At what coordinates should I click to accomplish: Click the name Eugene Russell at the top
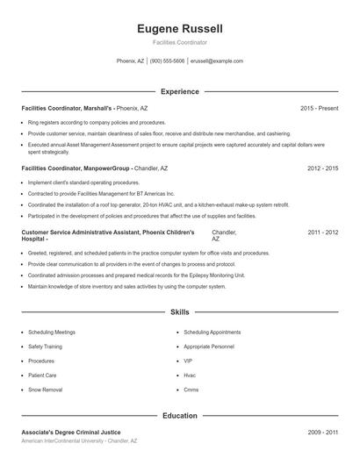coord(179,27)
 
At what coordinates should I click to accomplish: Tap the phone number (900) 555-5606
coord(167,61)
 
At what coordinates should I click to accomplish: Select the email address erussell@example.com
coord(216,61)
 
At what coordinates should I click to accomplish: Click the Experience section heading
coord(179,91)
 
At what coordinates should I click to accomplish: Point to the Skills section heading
coord(179,312)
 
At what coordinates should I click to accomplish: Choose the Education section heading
coord(179,416)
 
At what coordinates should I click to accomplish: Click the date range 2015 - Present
coord(319,108)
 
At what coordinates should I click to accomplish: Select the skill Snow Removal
coord(46,389)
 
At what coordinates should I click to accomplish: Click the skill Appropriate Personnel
coord(209,347)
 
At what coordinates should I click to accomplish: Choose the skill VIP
coord(188,361)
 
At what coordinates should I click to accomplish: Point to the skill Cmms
coord(191,389)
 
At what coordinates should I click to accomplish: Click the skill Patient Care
coord(42,375)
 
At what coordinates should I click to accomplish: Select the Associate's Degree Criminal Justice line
coord(75,433)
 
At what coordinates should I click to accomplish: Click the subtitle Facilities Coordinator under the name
coord(179,42)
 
